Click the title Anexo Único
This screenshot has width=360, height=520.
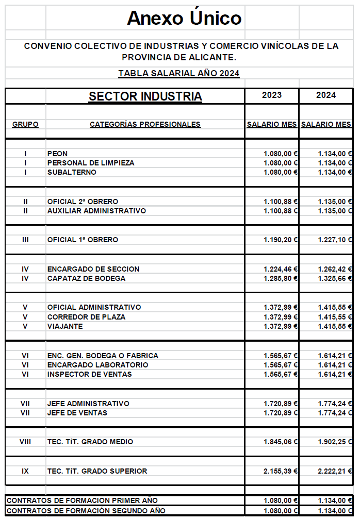click(x=184, y=18)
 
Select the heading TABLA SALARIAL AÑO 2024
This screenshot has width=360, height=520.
click(x=179, y=73)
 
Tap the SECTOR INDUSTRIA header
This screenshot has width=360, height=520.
click(x=145, y=96)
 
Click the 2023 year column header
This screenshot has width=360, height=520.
click(x=272, y=95)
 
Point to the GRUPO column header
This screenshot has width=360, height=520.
click(x=25, y=124)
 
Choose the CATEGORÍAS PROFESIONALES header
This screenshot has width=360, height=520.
click(x=145, y=124)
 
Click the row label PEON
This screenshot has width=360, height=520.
click(x=57, y=154)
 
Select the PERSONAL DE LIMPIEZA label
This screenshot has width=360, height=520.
click(x=91, y=163)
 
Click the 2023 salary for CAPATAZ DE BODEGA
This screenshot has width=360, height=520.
click(x=281, y=278)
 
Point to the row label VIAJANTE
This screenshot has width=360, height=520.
click(x=65, y=326)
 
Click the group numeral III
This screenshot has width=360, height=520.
click(x=25, y=240)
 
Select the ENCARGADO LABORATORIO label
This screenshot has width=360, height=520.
click(x=97, y=365)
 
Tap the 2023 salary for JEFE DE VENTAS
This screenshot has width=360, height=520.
click(x=281, y=413)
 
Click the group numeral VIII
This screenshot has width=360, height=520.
click(x=25, y=442)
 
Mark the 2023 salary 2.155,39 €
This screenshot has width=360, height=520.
click(x=281, y=471)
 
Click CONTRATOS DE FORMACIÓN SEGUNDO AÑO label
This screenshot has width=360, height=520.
click(x=86, y=511)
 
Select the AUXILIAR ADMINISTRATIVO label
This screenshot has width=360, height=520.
click(x=96, y=211)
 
